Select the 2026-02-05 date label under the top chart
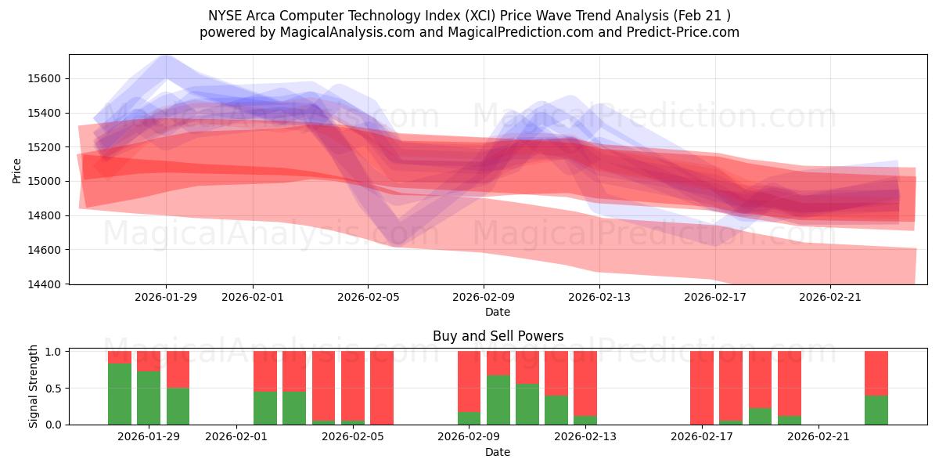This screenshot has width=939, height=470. click(x=368, y=297)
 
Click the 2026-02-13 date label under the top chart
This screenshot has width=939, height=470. click(x=599, y=297)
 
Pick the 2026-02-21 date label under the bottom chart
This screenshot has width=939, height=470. click(x=818, y=437)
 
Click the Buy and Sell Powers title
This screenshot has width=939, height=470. click(x=498, y=336)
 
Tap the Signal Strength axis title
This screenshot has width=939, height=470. click(x=33, y=386)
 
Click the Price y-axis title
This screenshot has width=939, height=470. click(x=17, y=169)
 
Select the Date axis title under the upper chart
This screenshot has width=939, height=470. click(x=498, y=312)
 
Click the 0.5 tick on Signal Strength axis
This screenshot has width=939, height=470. click(x=53, y=388)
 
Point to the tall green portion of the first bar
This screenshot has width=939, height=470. click(x=120, y=394)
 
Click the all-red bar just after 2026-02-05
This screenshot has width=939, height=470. click(x=382, y=388)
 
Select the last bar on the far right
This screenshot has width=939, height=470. click(x=876, y=388)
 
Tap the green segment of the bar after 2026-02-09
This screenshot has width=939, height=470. click(x=498, y=399)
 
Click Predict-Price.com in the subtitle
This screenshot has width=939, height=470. click(x=682, y=32)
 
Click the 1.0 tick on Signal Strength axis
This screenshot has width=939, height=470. click(x=53, y=352)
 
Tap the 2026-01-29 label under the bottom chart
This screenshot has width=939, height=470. click(x=149, y=437)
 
